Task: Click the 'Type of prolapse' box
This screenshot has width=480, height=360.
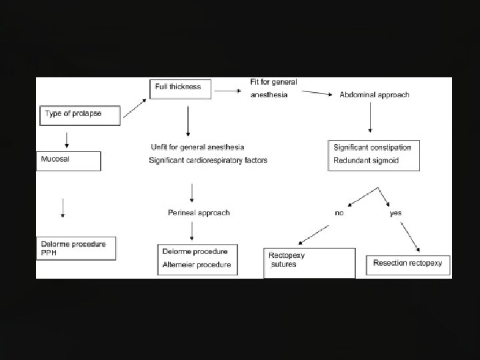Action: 81,115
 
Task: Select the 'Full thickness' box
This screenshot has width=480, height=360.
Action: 180,87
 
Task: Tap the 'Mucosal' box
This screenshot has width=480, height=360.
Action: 69,161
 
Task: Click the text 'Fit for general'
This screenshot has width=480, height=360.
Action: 273,82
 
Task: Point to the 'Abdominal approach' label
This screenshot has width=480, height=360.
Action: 375,95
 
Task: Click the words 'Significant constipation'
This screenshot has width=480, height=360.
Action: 373,147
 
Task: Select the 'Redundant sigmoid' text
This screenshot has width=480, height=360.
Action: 366,161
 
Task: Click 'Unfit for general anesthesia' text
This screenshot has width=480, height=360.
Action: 198,147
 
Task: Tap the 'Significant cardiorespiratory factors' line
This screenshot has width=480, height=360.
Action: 208,160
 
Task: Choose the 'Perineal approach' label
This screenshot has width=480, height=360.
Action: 199,213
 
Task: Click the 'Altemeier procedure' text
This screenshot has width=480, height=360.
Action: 197,265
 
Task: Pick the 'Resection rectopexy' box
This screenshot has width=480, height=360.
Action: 408,264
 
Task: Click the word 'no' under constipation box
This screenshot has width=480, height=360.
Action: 339,213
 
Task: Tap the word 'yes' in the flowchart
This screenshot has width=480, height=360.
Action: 395,213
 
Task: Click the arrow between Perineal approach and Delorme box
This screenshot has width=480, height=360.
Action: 192,231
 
